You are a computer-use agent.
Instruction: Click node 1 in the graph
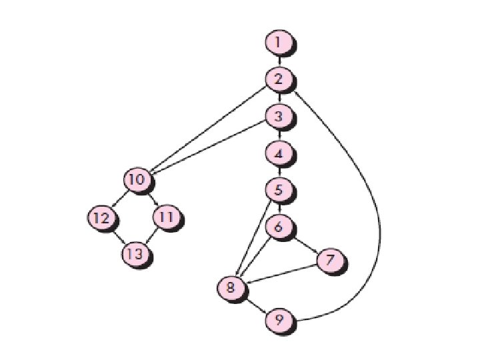coord(279,43)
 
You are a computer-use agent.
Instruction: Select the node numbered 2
coord(279,79)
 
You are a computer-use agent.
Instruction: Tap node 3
coord(279,116)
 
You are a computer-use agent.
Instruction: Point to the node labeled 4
coord(279,153)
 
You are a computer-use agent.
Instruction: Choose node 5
coord(279,189)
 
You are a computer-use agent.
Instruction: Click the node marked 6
coord(279,227)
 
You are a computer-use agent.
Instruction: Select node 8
coord(231,288)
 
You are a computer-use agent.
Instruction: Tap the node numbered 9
coord(279,321)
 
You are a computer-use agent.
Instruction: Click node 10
coord(137,179)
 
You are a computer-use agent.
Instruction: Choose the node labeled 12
coord(101,217)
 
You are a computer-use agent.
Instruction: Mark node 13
coord(135,254)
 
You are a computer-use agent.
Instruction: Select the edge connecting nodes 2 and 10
coord(207,130)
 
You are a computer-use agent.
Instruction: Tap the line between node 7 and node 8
coord(280,274)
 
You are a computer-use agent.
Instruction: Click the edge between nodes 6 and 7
coord(305,244)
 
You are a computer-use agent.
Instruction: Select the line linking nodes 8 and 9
coord(255,305)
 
